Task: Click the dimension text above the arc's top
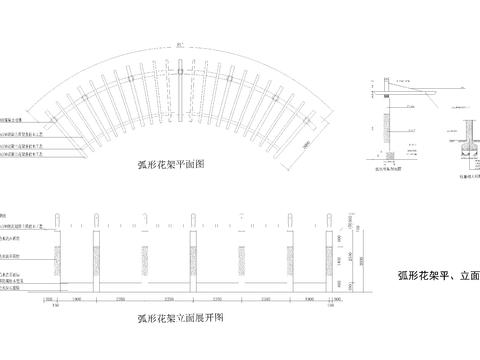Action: pos(179,45)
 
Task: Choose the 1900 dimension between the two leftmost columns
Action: pos(77,298)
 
